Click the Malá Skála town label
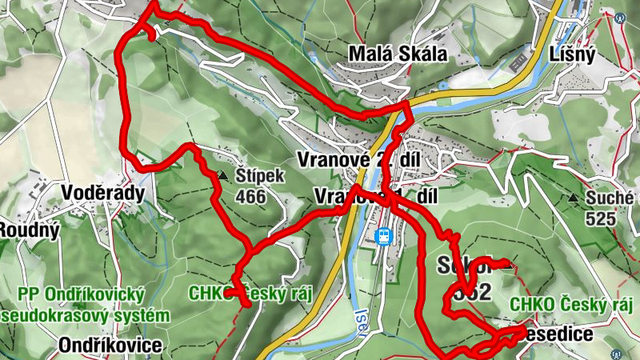pyautogui.click(x=397, y=54)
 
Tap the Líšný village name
pyautogui.click(x=573, y=54)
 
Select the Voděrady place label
pyautogui.click(x=102, y=194)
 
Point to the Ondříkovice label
pyautogui.click(x=110, y=346)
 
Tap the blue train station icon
pyautogui.click(x=385, y=236)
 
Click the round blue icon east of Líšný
pyautogui.click(x=620, y=17)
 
